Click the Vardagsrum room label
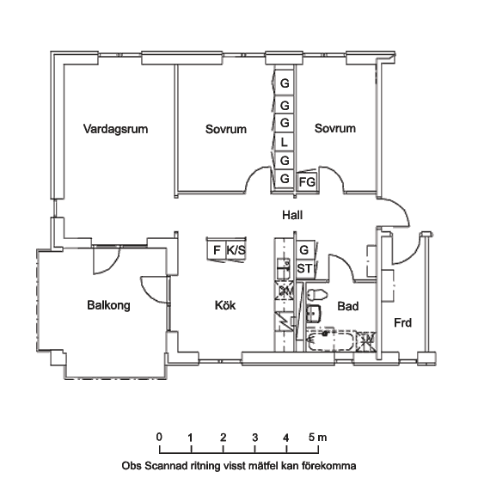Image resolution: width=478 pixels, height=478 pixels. pyautogui.click(x=115, y=129)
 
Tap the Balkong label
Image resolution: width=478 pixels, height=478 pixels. pyautogui.click(x=108, y=305)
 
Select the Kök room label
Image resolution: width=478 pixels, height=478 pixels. pyautogui.click(x=225, y=305)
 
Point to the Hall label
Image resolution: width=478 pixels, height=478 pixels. pyautogui.click(x=292, y=215)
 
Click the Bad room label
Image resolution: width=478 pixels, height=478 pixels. pyautogui.click(x=348, y=306)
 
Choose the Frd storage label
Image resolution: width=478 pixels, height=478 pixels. pyautogui.click(x=402, y=322)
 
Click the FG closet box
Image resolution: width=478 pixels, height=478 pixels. pyautogui.click(x=307, y=182)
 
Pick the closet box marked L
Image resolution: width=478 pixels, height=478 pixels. pyautogui.click(x=284, y=142)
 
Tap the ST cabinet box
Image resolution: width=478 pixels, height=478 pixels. pyautogui.click(x=305, y=268)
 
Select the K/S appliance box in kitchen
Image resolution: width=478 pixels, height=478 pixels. pyautogui.click(x=236, y=250)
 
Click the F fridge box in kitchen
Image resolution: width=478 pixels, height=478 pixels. pyautogui.click(x=217, y=250)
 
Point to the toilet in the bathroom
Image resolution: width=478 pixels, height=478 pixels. pyautogui.click(x=317, y=295)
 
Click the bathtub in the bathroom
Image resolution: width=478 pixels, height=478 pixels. pyautogui.click(x=331, y=340)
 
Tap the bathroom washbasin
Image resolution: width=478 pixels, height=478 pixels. pyautogui.click(x=314, y=314)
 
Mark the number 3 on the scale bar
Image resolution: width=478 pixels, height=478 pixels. pyautogui.click(x=255, y=438)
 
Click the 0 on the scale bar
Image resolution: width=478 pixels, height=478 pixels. pyautogui.click(x=159, y=437)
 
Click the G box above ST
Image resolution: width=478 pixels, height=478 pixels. pyautogui.click(x=305, y=250)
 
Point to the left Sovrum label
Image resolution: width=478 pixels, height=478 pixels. pyautogui.click(x=226, y=129)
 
